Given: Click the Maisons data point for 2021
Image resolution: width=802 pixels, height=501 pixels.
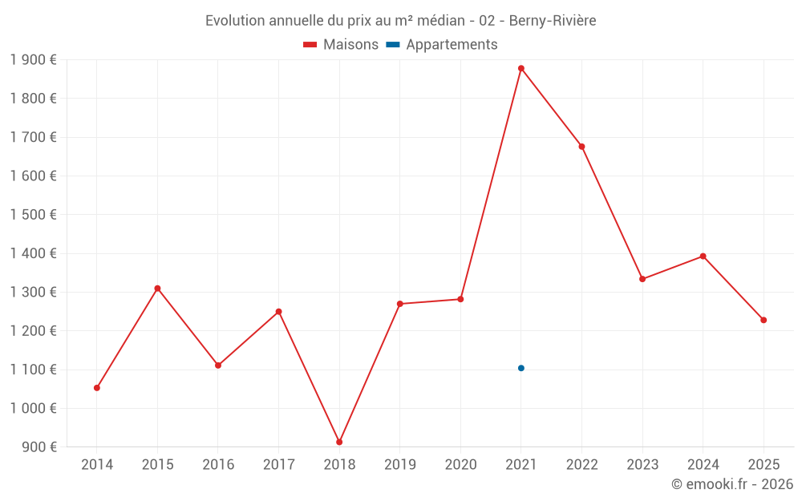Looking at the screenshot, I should coord(521,68).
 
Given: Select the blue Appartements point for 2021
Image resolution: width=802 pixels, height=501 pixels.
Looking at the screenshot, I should coord(521,368).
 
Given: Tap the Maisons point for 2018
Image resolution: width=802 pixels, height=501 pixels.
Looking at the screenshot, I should coord(339,442).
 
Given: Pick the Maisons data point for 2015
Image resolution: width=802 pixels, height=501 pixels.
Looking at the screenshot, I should coord(157,289).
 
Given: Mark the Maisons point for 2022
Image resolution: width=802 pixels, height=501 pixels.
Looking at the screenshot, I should coord(581,147).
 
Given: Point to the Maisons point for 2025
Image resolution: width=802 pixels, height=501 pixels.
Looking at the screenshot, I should coord(764,320).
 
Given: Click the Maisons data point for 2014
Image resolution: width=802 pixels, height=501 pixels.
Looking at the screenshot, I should coord(97,388).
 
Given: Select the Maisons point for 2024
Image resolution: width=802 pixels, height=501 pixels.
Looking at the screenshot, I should coord(703,257).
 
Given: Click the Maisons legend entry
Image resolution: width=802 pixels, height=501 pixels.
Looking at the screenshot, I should coord(341,45).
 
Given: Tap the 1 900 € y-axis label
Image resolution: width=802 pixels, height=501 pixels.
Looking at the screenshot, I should coord(34,60).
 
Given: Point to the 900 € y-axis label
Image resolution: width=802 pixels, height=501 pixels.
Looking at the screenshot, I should coord(38,446).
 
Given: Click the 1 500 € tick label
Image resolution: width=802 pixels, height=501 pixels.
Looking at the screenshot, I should coord(34,215).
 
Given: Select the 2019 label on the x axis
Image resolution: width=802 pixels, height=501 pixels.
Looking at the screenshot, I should coord(400,464).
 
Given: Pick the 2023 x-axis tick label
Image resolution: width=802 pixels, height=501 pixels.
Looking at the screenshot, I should coord(642,464).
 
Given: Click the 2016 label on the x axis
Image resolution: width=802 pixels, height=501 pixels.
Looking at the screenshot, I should coord(218,464).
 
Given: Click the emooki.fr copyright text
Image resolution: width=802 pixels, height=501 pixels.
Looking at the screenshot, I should coord(732,484).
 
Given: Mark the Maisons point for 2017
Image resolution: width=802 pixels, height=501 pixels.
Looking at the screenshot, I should coord(278,312).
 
